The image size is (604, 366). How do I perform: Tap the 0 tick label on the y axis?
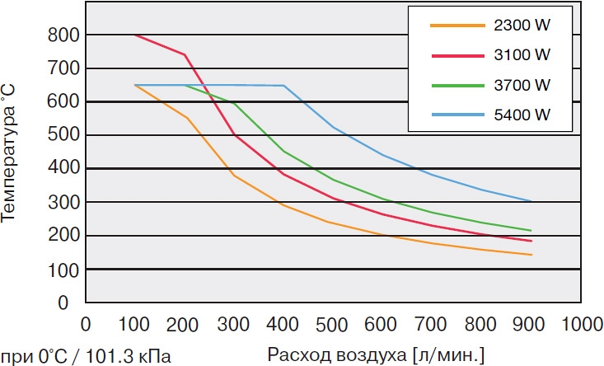tap(73, 303)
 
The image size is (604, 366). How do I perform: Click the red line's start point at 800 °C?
tap(134, 35)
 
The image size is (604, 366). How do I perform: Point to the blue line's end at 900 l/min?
tap(531, 201)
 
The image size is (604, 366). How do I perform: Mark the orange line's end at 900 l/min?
tap(531, 255)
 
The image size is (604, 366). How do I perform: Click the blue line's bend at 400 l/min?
tap(283, 86)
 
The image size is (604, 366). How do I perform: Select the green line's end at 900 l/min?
tap(531, 231)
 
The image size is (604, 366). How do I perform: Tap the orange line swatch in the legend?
tap(457, 26)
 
